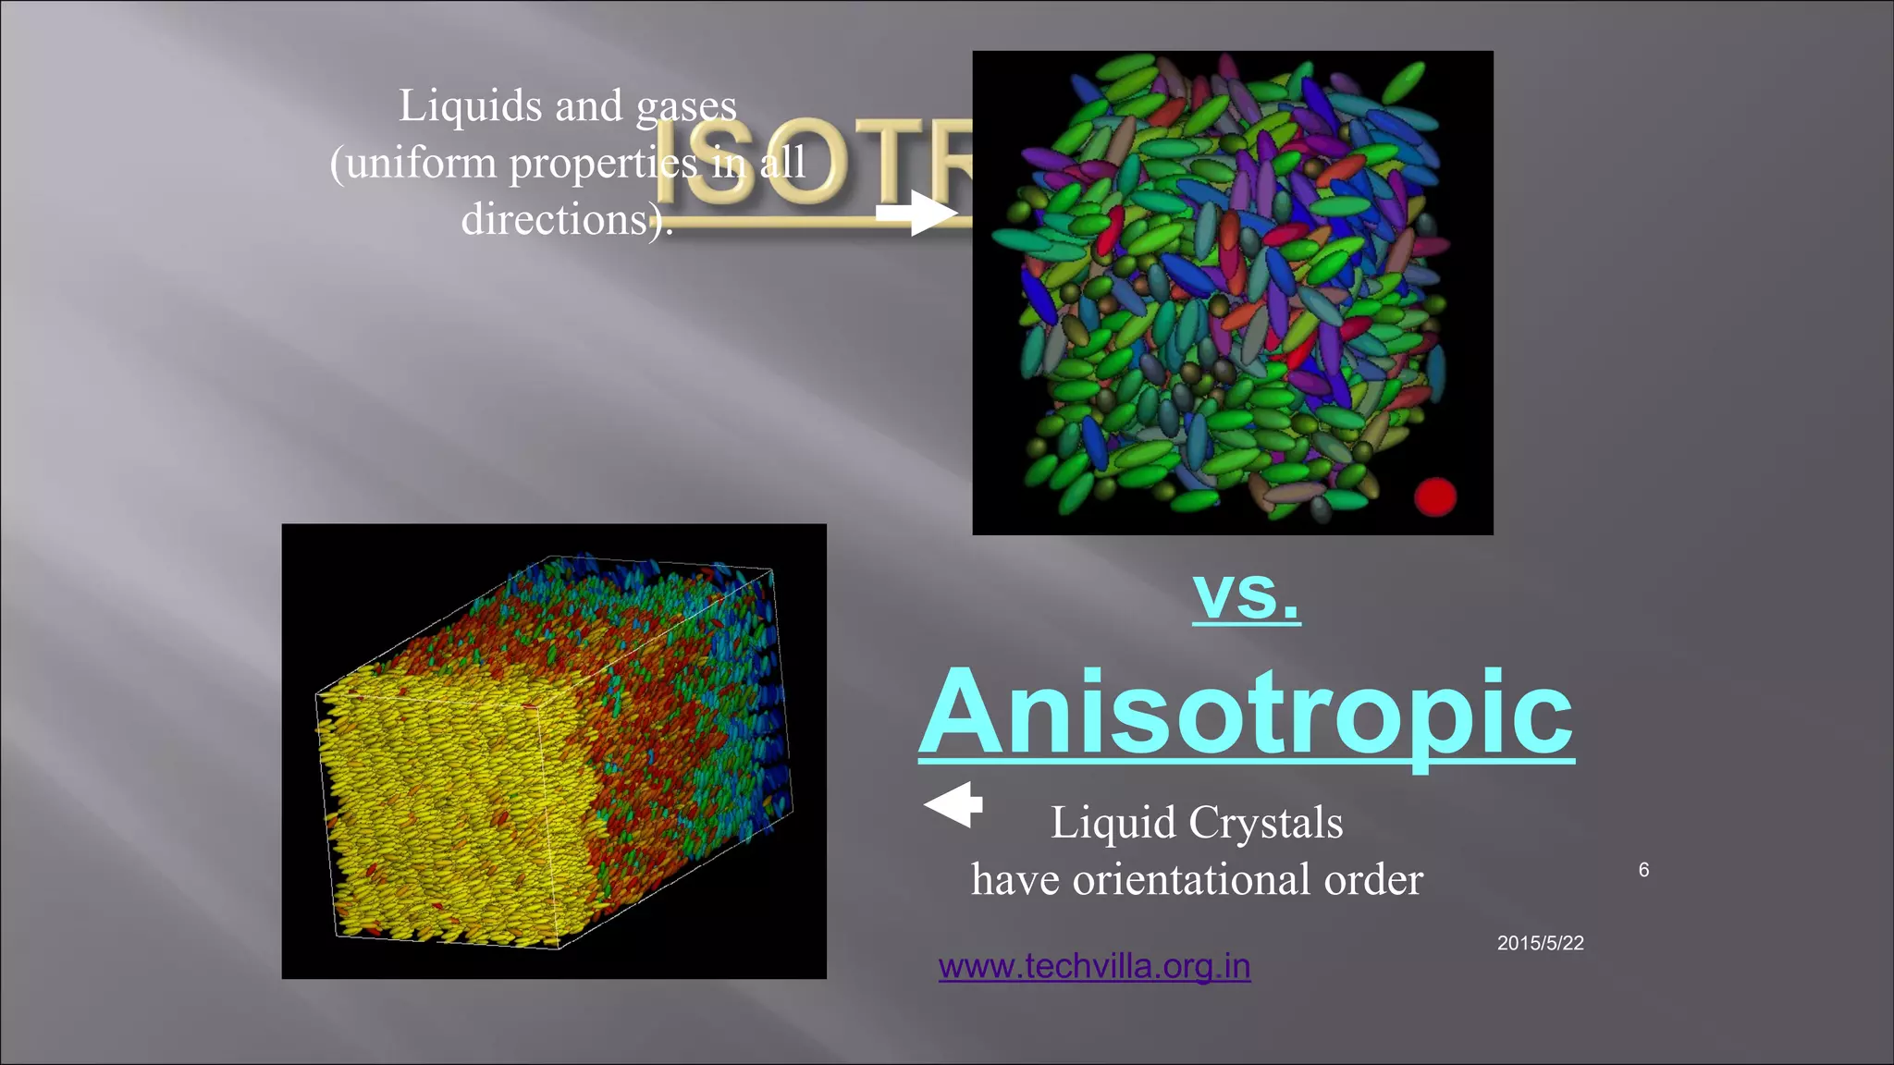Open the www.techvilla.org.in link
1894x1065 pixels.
1094,967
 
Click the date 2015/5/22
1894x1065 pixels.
1540,943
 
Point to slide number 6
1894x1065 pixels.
1643,870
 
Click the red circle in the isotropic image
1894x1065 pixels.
1435,497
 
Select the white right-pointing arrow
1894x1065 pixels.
916,213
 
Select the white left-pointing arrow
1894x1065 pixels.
954,804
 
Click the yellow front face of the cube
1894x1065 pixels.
435,814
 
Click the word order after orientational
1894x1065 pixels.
1374,879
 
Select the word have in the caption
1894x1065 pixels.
1015,879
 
